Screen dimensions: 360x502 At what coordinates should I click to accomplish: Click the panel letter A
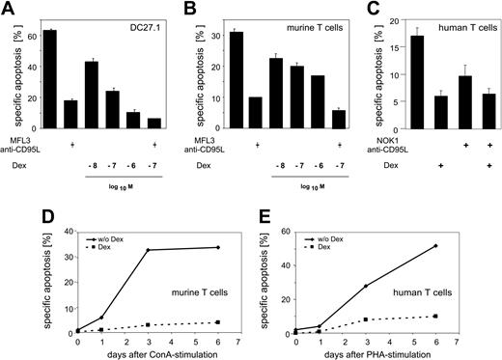(8, 8)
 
